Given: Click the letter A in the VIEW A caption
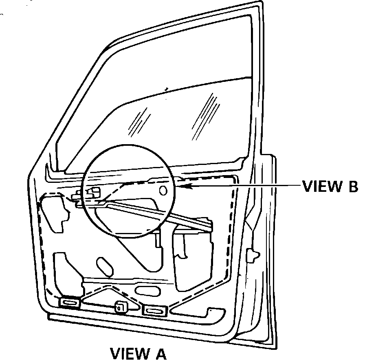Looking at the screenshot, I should [160, 353].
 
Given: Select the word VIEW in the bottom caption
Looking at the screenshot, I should [129, 353].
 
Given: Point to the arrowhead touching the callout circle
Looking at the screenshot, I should [181, 187].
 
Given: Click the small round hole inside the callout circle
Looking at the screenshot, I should [163, 190].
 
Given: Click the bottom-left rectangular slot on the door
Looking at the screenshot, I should [70, 303].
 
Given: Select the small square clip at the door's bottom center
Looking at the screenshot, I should [121, 308].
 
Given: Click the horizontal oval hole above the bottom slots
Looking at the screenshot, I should [147, 291].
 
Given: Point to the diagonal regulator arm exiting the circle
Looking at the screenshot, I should [191, 218].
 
